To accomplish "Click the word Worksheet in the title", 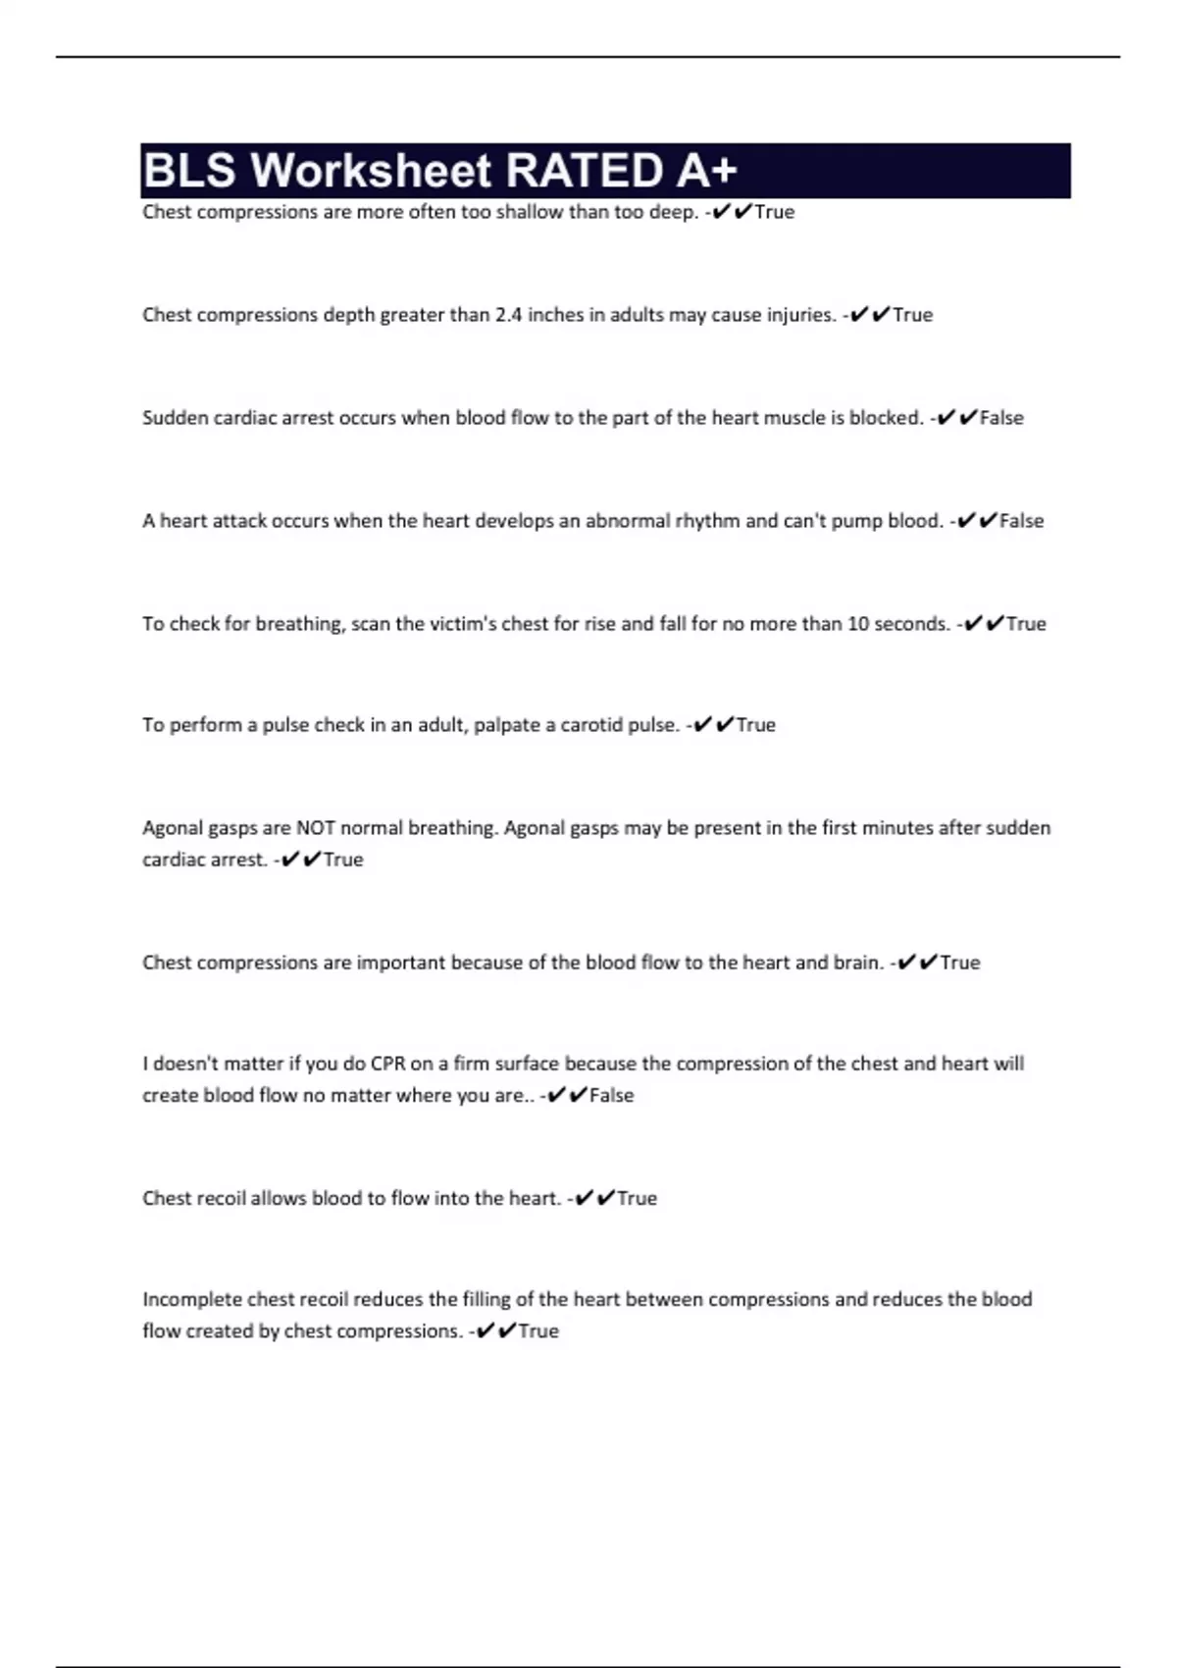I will pos(370,171).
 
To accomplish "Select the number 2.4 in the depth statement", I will pos(508,315).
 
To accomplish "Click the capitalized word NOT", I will pos(316,828).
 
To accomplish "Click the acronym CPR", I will pos(387,1064).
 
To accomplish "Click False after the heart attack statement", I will pos(1021,521).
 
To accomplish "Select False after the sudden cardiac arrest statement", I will pos(1001,418).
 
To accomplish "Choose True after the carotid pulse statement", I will pos(755,725).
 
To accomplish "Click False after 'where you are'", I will pos(611,1096).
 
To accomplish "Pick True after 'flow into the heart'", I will pos(637,1198).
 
